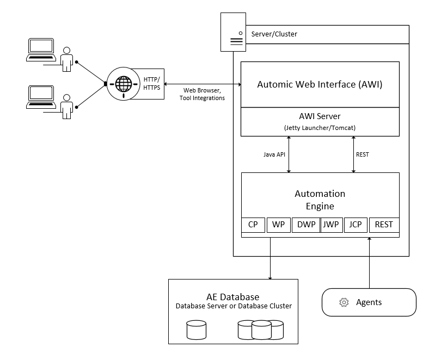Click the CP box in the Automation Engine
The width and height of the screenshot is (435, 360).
pos(253,225)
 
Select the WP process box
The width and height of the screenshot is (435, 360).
pos(278,225)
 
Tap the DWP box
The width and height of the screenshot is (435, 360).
pos(305,225)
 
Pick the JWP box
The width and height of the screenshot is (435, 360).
pos(330,225)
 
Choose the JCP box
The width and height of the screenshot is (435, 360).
pos(356,225)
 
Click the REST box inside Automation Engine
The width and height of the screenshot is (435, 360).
pos(384,225)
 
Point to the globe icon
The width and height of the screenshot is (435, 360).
pos(124,84)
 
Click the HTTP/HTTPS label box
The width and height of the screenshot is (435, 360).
pos(152,84)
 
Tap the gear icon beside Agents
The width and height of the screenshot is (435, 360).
pos(344,302)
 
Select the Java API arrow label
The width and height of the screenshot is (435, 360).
pos(274,154)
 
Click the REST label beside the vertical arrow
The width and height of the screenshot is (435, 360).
pos(362,154)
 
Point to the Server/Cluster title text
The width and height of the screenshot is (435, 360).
pos(274,34)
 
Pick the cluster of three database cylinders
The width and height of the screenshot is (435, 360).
pos(261,330)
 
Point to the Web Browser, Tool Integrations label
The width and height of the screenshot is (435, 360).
pos(202,94)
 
